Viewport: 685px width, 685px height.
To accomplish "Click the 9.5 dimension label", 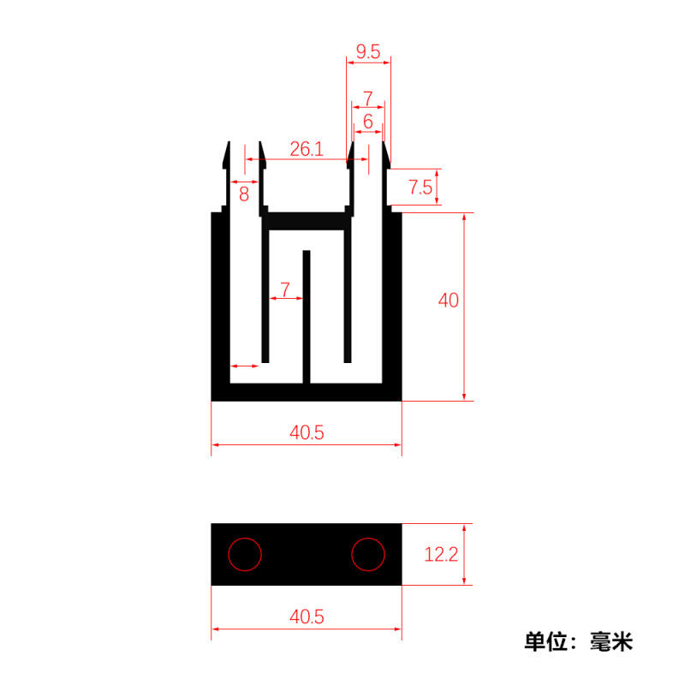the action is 368,51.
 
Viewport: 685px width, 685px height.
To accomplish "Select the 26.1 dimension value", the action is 307,149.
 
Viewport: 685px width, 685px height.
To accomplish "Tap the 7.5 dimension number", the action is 420,188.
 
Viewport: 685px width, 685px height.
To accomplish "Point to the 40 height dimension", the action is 448,301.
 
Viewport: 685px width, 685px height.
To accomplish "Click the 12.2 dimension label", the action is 441,554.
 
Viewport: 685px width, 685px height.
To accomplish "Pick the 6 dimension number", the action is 368,122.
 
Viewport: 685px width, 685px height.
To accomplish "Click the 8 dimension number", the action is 244,194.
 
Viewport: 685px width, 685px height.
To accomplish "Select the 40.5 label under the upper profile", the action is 307,432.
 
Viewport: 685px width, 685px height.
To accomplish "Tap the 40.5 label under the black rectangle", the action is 307,616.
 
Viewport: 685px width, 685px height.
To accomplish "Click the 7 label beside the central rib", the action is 285,289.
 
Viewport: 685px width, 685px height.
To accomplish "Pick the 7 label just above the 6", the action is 368,98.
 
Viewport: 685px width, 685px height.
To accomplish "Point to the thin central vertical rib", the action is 307,317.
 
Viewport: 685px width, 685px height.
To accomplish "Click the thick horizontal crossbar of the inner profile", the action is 307,221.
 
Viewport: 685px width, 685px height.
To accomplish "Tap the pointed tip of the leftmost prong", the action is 228,142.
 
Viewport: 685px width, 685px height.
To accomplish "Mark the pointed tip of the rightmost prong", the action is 384,142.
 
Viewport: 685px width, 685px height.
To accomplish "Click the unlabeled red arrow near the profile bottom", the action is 245,366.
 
